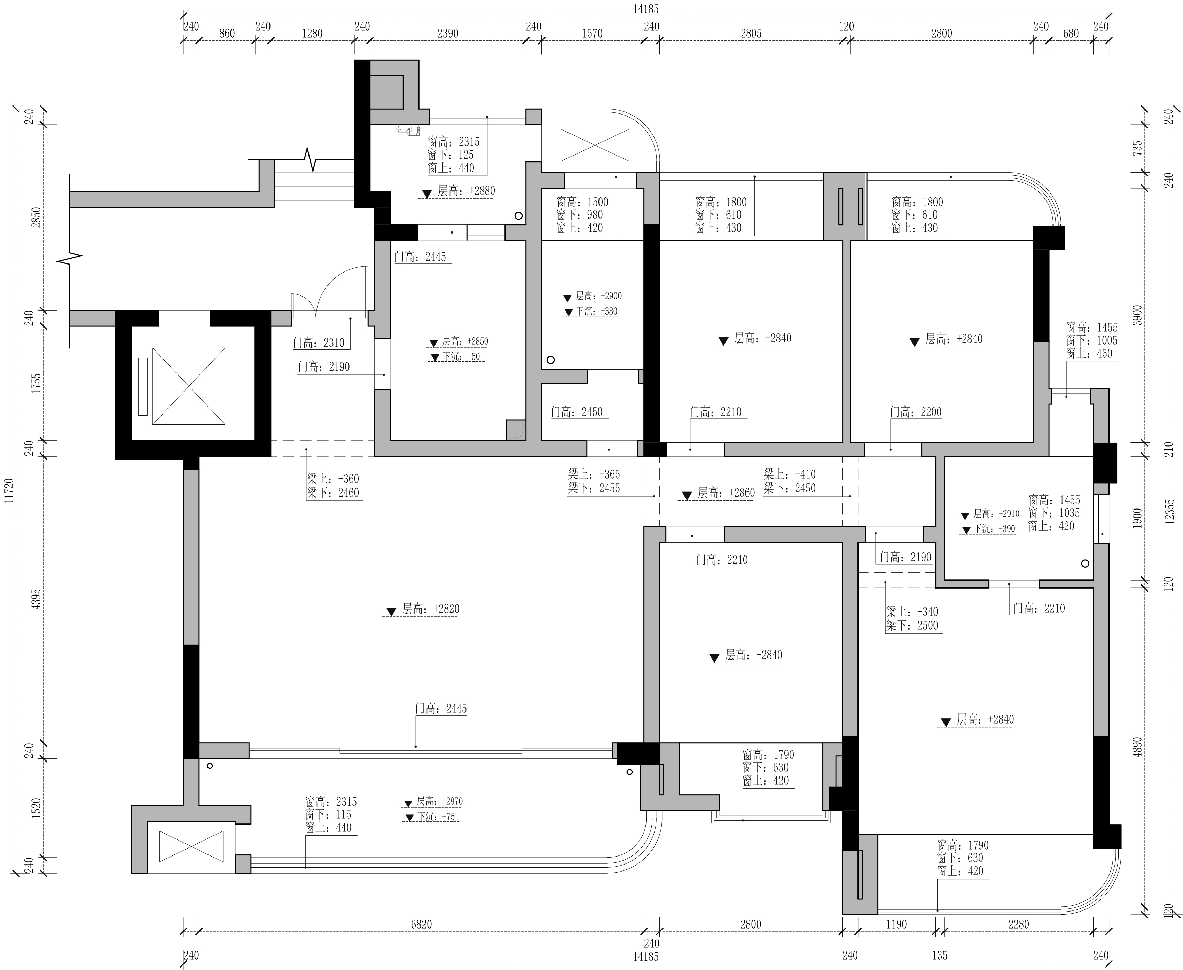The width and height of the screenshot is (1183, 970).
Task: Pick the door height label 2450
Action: (x=577, y=412)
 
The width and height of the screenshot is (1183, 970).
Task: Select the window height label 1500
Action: (x=582, y=202)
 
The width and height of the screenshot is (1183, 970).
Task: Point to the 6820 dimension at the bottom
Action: (x=421, y=924)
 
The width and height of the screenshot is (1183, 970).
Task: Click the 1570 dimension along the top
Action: (x=592, y=33)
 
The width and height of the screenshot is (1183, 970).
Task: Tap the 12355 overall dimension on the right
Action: (x=1169, y=511)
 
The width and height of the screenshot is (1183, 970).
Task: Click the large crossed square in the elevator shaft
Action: (x=189, y=386)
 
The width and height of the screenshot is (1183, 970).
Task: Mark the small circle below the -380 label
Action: (x=550, y=360)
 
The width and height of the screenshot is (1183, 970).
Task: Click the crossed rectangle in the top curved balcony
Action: (x=595, y=145)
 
